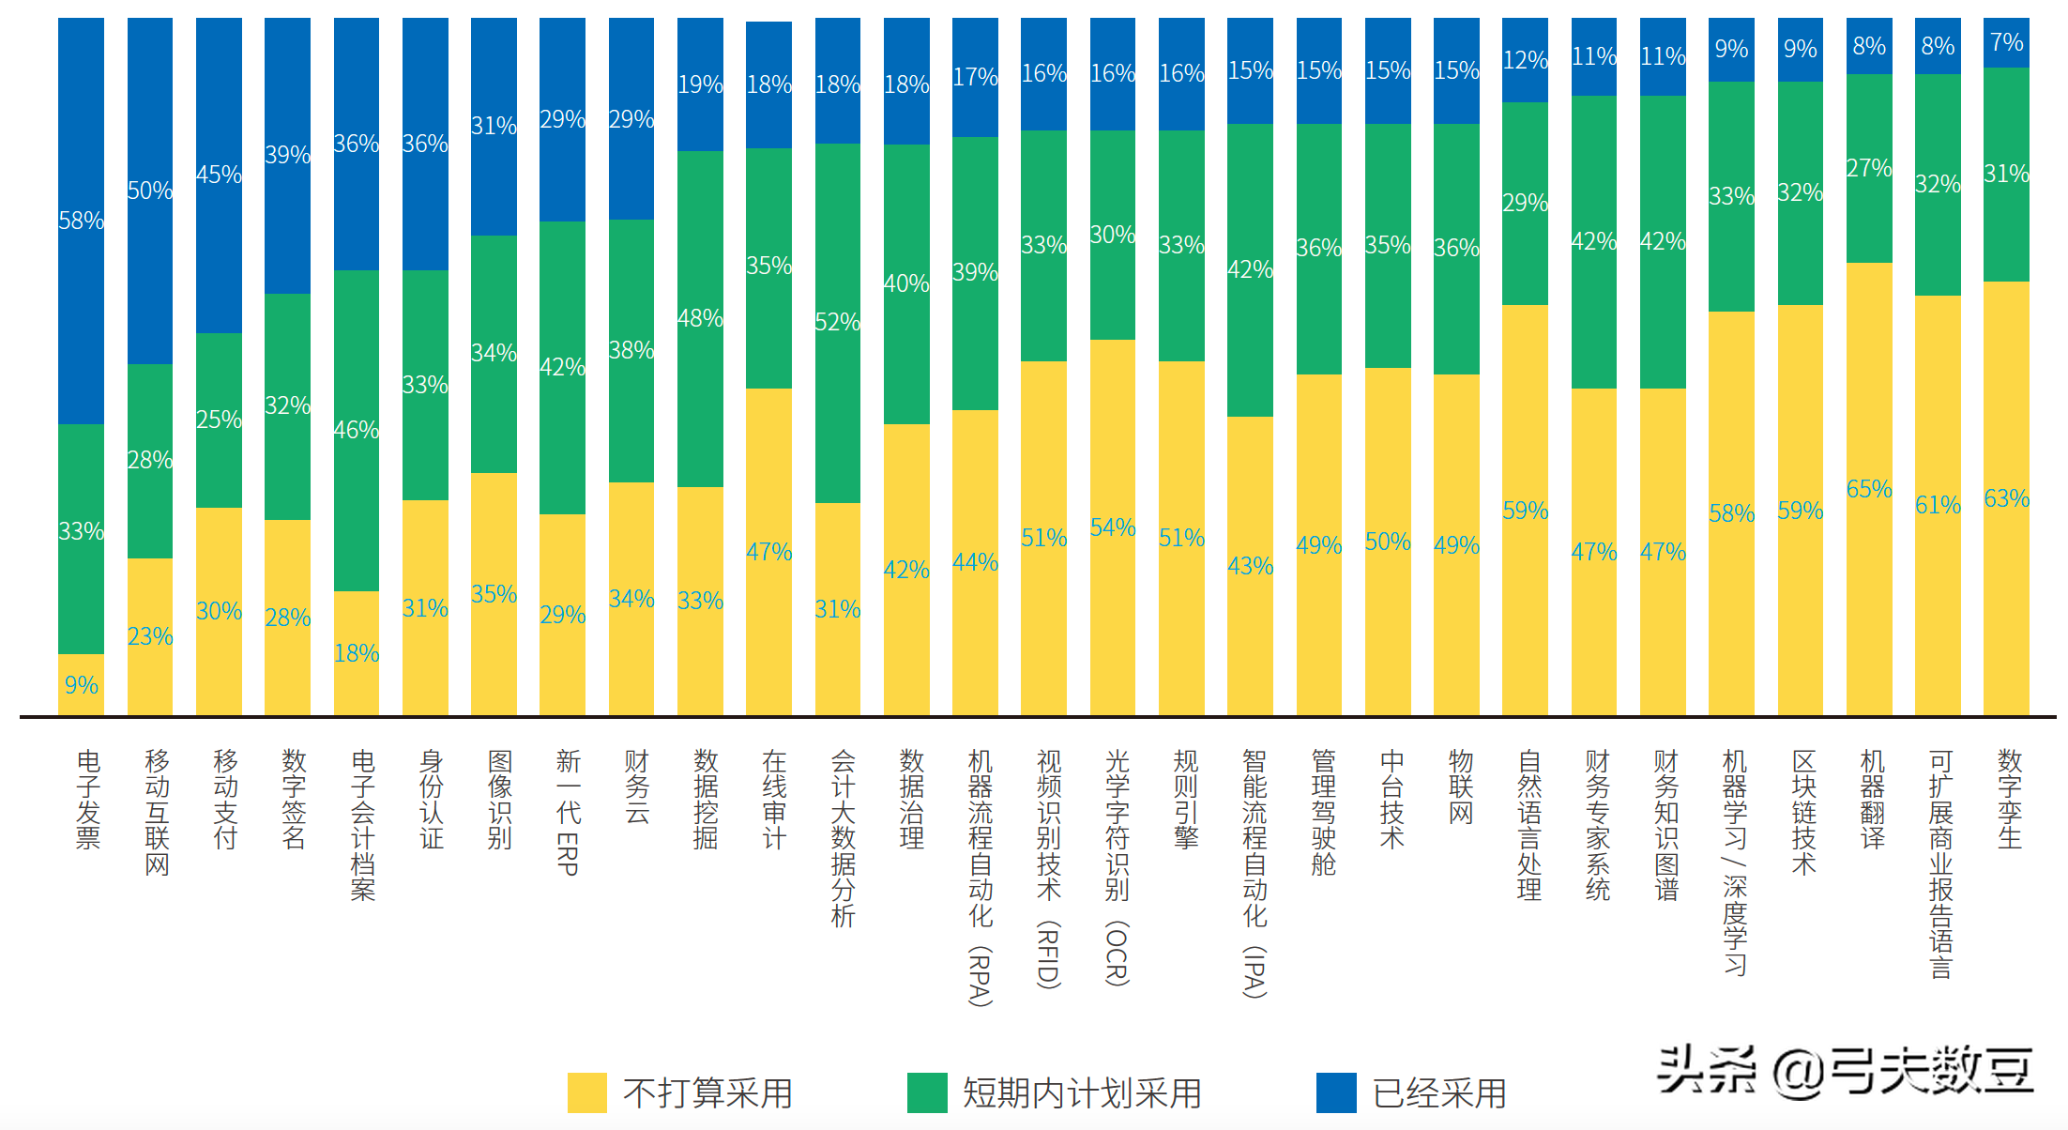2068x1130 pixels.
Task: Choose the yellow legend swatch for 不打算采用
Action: pos(587,1092)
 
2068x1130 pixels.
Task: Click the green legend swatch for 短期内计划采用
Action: pos(927,1092)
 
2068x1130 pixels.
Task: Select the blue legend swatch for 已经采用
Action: pos(1336,1092)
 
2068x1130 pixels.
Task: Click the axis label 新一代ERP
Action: pos(569,812)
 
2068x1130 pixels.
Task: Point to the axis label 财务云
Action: pos(637,786)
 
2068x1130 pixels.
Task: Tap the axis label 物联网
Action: pos(1461,786)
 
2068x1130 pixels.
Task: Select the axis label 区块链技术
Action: pos(1803,812)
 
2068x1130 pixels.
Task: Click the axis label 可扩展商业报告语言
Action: pos(1940,863)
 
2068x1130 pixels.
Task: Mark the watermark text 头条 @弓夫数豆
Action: pos(1845,1070)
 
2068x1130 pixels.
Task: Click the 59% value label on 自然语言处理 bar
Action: pos(1525,511)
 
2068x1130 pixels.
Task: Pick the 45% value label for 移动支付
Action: pos(219,175)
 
